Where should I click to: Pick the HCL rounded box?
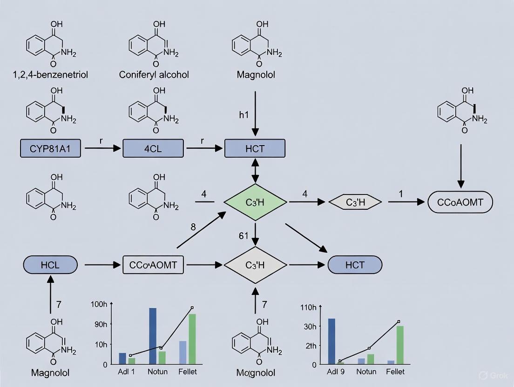[x=50, y=265]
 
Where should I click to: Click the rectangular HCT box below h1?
[x=255, y=148]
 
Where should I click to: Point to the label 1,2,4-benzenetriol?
[x=51, y=74]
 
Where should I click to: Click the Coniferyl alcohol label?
[x=154, y=74]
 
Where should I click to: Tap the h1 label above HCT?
[x=244, y=115]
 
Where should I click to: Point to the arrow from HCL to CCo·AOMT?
[x=100, y=265]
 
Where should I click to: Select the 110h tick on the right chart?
[x=309, y=307]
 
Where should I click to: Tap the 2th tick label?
[x=311, y=346]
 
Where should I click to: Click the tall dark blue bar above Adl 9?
[x=331, y=341]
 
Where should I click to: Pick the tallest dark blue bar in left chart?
[x=153, y=336]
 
